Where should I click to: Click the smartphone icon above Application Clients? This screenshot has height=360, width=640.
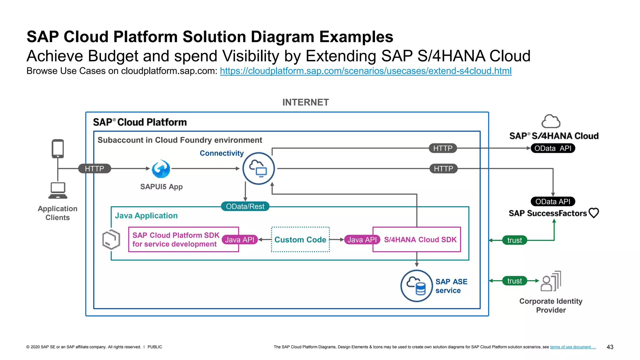(58, 149)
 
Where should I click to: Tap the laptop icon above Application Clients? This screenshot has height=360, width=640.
(58, 190)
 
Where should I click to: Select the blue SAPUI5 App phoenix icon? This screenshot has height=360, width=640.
(161, 169)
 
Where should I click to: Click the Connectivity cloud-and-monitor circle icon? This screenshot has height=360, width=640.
(258, 168)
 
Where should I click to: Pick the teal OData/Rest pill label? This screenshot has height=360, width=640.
(245, 207)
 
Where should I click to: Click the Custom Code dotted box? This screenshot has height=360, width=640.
(300, 240)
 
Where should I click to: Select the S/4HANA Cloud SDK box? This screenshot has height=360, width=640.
(420, 240)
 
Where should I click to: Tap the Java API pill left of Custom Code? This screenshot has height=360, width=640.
(240, 240)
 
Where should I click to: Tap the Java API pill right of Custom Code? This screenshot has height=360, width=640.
(362, 240)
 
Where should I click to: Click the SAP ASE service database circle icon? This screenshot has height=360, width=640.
(416, 286)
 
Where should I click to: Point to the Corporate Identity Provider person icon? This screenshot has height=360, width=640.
(551, 281)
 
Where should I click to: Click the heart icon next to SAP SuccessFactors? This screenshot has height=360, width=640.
(593, 213)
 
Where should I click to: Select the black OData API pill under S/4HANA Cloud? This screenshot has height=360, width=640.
(553, 148)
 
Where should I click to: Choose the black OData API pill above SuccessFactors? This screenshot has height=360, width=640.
(553, 202)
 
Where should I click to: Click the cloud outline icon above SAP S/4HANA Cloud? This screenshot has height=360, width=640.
(551, 121)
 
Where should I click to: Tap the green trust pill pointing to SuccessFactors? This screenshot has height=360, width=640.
(514, 240)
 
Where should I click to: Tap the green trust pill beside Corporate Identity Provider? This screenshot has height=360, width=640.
(514, 281)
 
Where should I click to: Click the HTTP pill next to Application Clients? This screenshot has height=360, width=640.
(94, 169)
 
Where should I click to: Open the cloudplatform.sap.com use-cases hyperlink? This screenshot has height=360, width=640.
(366, 71)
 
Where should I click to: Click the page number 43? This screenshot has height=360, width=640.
(610, 347)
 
